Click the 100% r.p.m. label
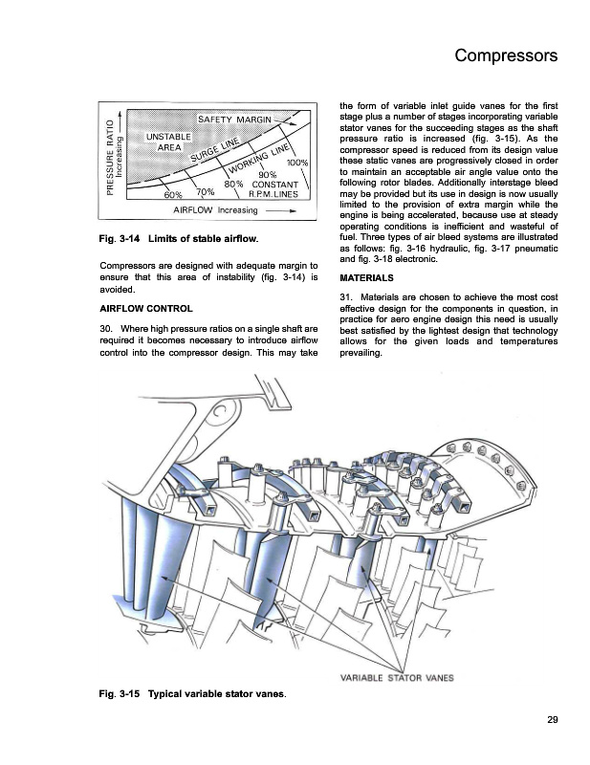tap(296, 163)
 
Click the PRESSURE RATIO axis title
tap(112, 158)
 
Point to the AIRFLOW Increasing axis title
tap(215, 209)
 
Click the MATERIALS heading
tap(359, 278)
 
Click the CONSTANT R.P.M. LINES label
tap(273, 188)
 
